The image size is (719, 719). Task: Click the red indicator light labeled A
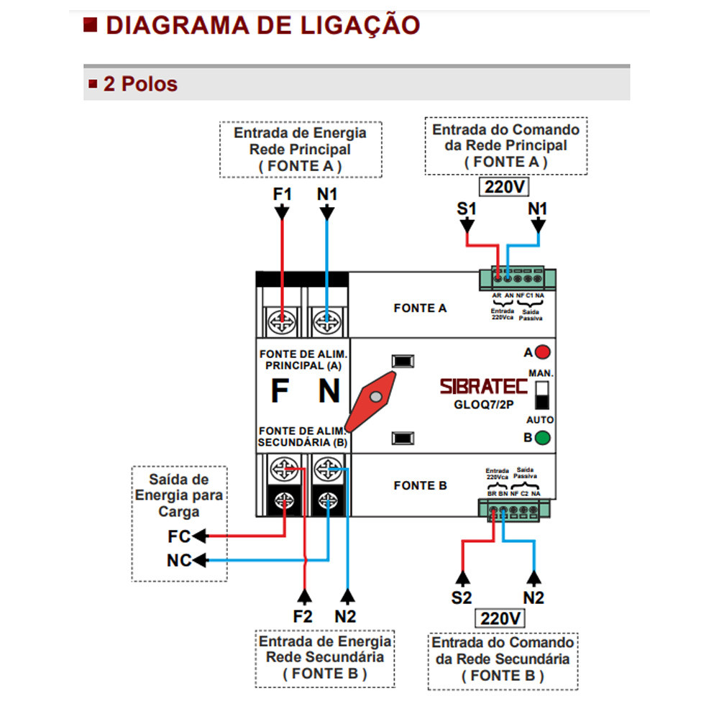[543, 352]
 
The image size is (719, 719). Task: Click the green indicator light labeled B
[543, 437]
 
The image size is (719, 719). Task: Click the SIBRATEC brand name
[485, 386]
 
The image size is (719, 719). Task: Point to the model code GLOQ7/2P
[483, 403]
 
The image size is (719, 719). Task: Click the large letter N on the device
[329, 392]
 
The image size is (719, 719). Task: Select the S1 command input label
[467, 209]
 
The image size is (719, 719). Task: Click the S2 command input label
[462, 597]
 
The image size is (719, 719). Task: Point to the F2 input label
[303, 616]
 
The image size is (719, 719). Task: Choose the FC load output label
[179, 536]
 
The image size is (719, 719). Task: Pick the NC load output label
[179, 560]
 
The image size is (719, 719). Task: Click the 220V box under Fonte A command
[505, 188]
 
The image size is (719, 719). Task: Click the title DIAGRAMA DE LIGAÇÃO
[262, 25]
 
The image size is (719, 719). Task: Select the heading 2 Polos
[140, 84]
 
